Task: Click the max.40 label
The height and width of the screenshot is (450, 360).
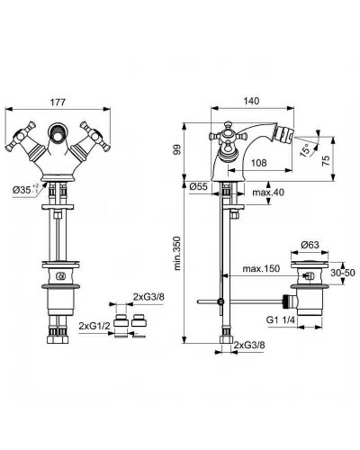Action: click(267, 194)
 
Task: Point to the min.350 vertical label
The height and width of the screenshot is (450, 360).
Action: click(179, 261)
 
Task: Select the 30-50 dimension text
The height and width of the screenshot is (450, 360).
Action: click(342, 271)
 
